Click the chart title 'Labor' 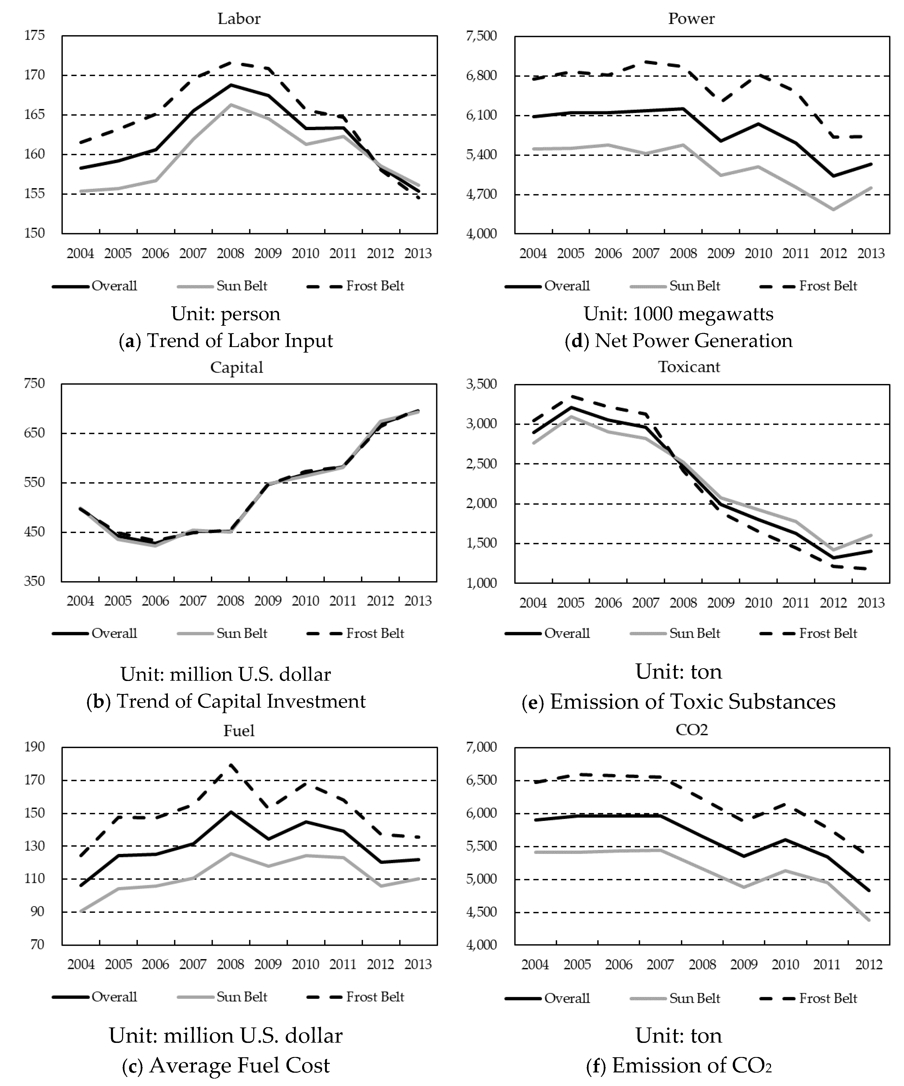coord(239,19)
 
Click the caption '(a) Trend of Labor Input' coord(226,341)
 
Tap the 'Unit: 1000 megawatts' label coord(678,314)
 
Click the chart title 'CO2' coord(691,730)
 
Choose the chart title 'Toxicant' coord(689,367)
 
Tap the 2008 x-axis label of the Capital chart coord(231,601)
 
